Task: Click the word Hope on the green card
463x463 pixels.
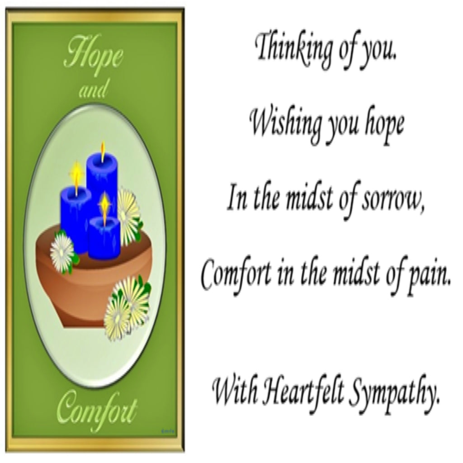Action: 94,55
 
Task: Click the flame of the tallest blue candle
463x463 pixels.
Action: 103,151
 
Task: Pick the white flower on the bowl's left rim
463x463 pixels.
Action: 62,249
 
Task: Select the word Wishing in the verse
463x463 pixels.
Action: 286,124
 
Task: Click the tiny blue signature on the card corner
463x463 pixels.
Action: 168,431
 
